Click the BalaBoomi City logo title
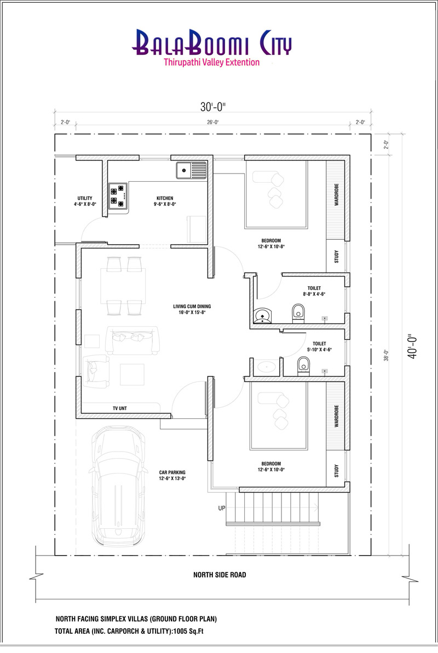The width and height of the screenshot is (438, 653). click(212, 43)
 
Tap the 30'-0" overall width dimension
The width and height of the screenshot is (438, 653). click(212, 107)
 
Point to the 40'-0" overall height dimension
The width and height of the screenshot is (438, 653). click(412, 346)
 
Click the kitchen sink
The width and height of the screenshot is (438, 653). click(191, 170)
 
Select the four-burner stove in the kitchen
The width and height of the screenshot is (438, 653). click(118, 196)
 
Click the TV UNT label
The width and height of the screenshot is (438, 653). click(119, 408)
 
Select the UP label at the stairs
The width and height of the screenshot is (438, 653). click(222, 508)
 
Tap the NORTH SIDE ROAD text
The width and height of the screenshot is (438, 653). click(220, 575)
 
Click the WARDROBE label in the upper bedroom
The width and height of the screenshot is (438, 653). click(336, 194)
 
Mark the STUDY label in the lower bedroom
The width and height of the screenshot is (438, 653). click(336, 471)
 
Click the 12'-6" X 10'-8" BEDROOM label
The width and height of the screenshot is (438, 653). click(271, 243)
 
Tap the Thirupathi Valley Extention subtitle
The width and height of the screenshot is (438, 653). click(212, 62)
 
